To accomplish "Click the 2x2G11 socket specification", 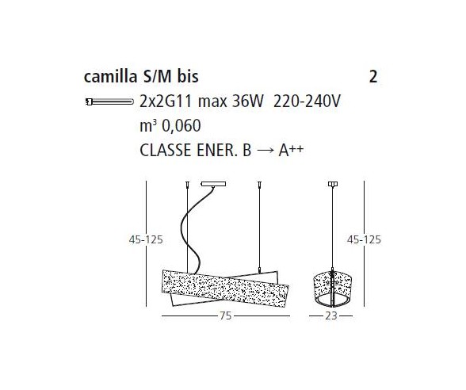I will pos(163,102).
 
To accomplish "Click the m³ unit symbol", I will pos(147,125).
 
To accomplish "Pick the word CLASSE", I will pos(162,150).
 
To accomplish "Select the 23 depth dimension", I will pos(331,315).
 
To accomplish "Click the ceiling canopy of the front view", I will pos(214,185).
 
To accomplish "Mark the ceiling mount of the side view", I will pos(332,185).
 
